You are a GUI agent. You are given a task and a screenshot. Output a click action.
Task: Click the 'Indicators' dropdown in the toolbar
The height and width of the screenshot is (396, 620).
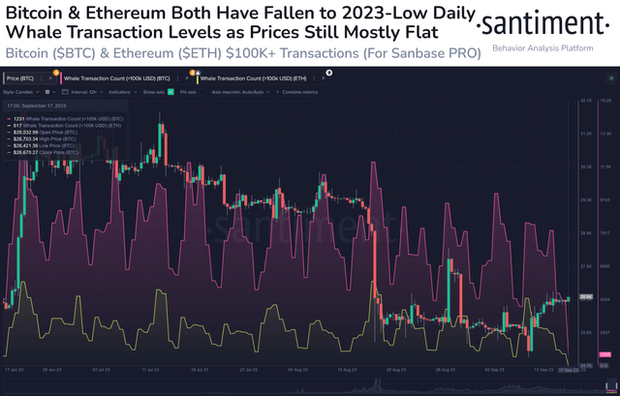click(120, 91)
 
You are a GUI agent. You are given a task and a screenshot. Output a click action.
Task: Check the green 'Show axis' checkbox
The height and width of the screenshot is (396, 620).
click(170, 91)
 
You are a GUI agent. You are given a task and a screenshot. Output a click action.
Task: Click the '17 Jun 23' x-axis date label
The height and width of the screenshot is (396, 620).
click(15, 370)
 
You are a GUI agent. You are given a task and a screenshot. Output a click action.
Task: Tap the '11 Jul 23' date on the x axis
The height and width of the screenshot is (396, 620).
click(149, 370)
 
